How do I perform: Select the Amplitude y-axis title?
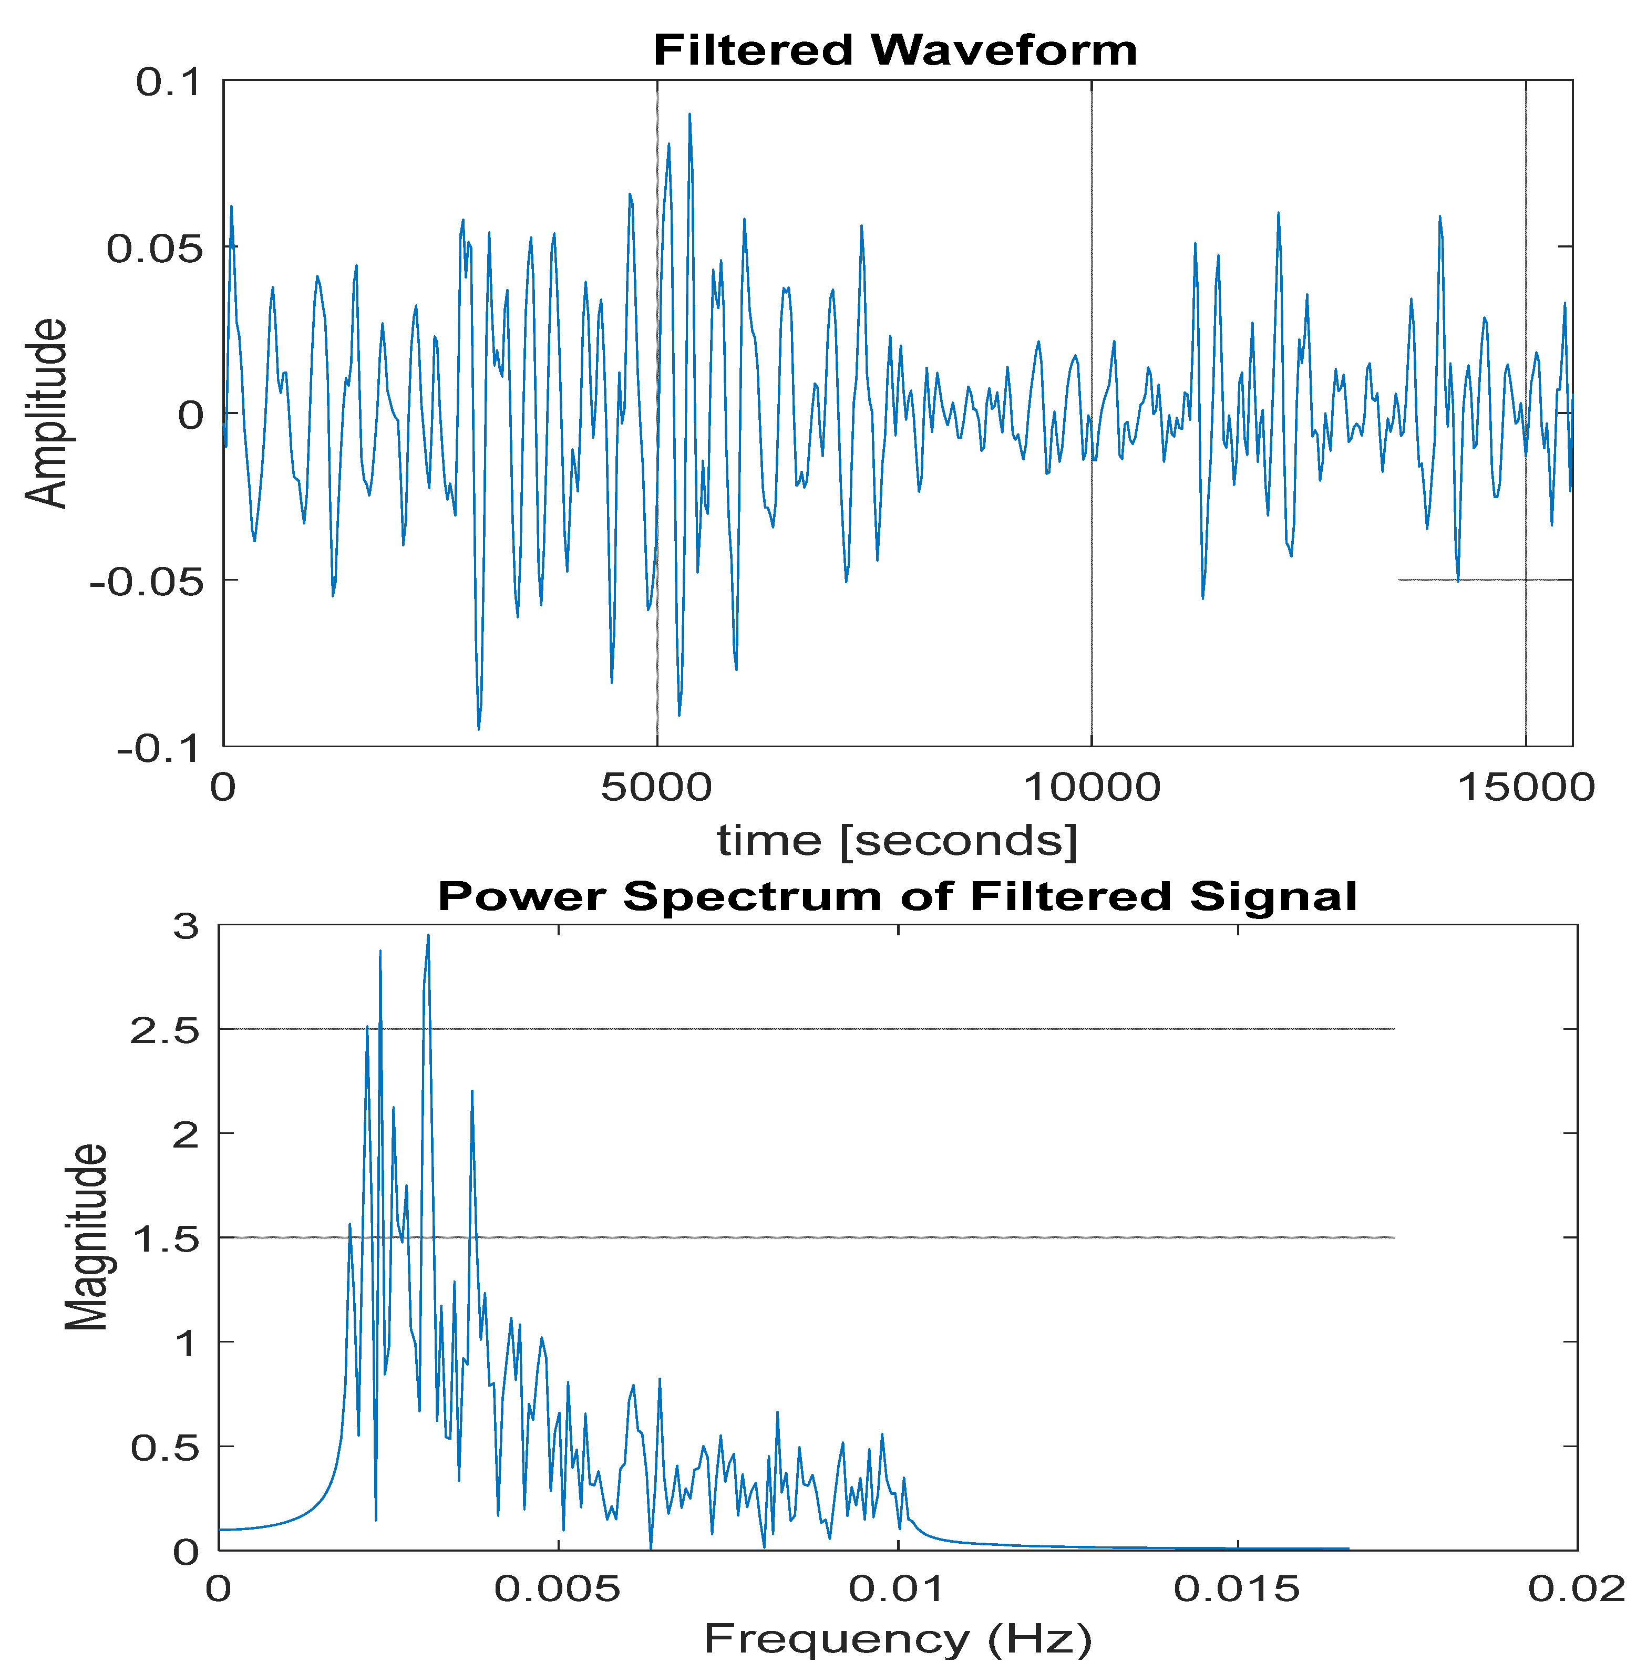click(45, 414)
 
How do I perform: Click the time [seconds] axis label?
click(897, 840)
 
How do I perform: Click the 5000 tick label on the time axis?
click(656, 787)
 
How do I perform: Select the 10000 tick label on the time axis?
click(1092, 787)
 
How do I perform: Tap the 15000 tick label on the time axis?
click(1526, 787)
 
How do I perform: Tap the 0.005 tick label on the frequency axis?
click(558, 1587)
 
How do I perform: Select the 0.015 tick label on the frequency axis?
click(1237, 1587)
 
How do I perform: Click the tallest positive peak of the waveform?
click(689, 113)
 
